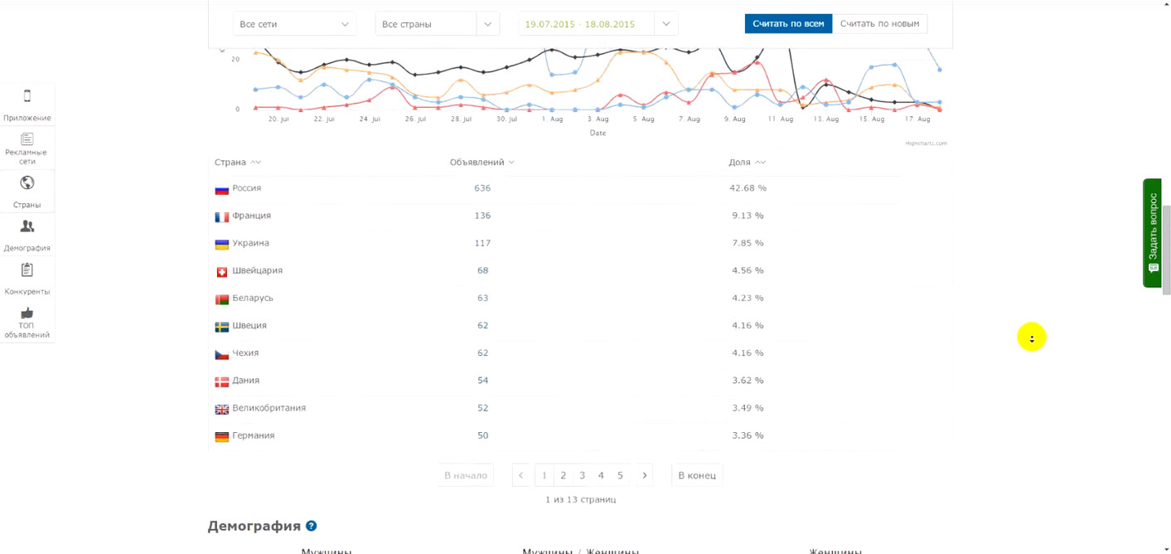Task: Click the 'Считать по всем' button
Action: [x=787, y=24]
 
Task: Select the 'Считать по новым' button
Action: [x=879, y=24]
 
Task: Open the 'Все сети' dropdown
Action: [x=294, y=24]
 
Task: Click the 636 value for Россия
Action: [x=482, y=188]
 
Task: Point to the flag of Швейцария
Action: [x=221, y=272]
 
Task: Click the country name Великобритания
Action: [x=269, y=408]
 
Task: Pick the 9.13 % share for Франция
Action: [x=748, y=216]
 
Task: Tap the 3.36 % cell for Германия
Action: [x=748, y=435]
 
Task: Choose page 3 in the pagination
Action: [x=582, y=475]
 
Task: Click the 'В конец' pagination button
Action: [x=696, y=475]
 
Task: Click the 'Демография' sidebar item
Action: [x=27, y=235]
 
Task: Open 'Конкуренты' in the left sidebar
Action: [x=27, y=278]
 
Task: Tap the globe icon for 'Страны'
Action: [x=27, y=183]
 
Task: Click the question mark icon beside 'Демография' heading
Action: [x=312, y=526]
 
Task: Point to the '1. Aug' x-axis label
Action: [x=552, y=119]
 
